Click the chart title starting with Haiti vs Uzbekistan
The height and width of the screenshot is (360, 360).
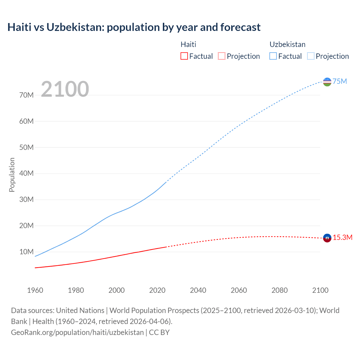(134, 27)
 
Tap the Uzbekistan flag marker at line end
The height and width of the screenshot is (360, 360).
(327, 82)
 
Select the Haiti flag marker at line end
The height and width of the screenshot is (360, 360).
(327, 238)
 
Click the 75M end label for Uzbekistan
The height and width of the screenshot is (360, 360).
(340, 82)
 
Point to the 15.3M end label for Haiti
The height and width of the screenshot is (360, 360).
(343, 238)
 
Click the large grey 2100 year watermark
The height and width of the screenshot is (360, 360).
(65, 89)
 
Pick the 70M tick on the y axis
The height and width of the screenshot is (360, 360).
(26, 95)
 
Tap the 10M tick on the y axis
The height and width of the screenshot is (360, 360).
(26, 252)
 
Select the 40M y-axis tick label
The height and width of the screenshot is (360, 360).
(26, 174)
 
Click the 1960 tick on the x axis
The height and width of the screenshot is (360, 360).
(35, 290)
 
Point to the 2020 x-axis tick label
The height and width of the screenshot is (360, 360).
(157, 290)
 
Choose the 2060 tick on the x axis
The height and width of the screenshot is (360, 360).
(239, 290)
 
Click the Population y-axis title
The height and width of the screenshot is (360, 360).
(12, 175)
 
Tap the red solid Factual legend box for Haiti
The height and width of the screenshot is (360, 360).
(184, 56)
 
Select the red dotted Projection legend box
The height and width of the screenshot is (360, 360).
(222, 56)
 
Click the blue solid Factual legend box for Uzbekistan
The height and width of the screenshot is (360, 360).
(273, 56)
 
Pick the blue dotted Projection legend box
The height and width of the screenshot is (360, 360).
(310, 56)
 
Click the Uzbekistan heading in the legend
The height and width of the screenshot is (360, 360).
(287, 44)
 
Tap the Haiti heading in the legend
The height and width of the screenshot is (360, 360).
(188, 44)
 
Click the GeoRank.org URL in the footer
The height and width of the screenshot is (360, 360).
(77, 332)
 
